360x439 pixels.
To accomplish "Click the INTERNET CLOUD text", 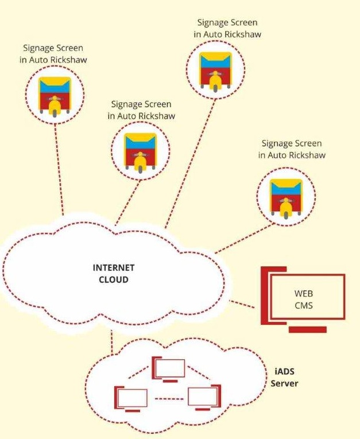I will [x=114, y=274].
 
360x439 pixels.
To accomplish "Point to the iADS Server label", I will [x=285, y=378].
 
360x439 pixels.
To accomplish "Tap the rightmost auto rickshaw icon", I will [x=286, y=196].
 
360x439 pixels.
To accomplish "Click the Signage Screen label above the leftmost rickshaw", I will [x=53, y=54].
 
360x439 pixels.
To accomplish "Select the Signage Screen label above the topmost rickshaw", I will [x=227, y=28].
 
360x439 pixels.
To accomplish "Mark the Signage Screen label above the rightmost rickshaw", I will [x=292, y=149].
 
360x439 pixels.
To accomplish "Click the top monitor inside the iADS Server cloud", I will [x=169, y=370].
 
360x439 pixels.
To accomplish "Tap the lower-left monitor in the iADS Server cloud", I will [x=131, y=399].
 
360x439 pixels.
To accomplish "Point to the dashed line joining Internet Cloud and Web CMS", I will [x=241, y=304].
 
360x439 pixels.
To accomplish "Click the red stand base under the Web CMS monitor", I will [x=307, y=330].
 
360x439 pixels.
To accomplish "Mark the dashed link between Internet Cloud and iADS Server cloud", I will [x=114, y=341].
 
